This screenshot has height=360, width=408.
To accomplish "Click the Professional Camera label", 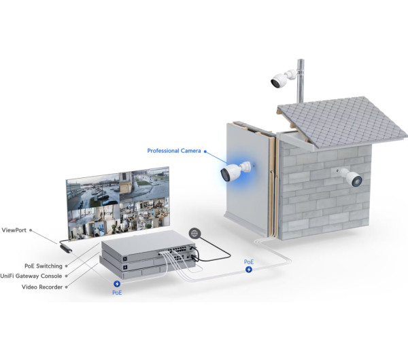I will pyautogui.click(x=174, y=150).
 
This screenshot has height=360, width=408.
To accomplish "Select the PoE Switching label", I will pyautogui.click(x=43, y=266).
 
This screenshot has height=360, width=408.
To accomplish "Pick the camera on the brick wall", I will pyautogui.click(x=350, y=178).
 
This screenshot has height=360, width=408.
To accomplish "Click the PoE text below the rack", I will pyautogui.click(x=118, y=294).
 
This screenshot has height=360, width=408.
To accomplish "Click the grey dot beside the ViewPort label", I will pyautogui.click(x=32, y=231).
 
